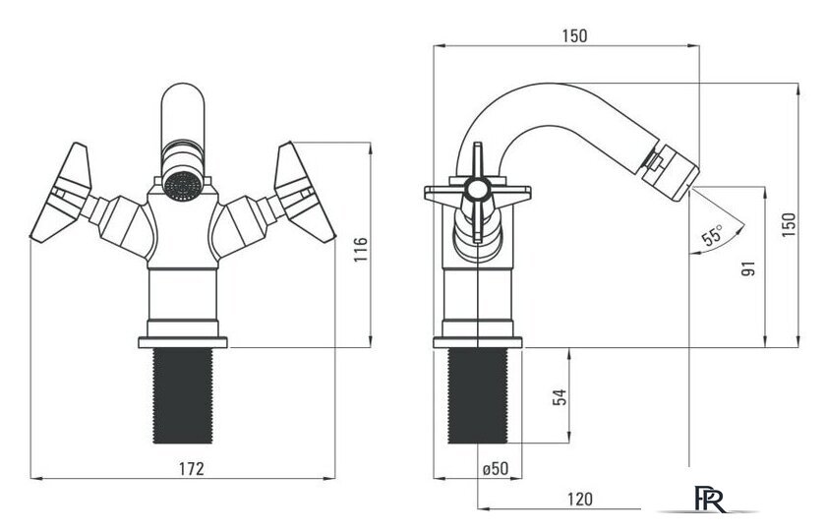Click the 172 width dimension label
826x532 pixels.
pyautogui.click(x=191, y=469)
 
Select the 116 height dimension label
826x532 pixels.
pyautogui.click(x=361, y=250)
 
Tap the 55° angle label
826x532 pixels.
pyautogui.click(x=713, y=234)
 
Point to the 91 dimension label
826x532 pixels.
pyautogui.click(x=748, y=268)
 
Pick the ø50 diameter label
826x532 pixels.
pyautogui.click(x=496, y=468)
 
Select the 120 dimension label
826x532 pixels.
pyautogui.click(x=579, y=499)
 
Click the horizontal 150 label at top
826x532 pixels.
pyautogui.click(x=574, y=35)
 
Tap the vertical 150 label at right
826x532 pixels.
pyautogui.click(x=789, y=224)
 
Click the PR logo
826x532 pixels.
pyautogui.click(x=710, y=499)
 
